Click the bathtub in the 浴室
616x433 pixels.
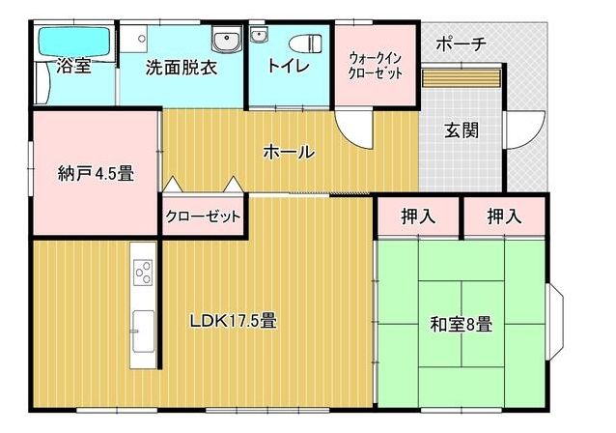74,42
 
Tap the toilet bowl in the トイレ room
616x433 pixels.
306,43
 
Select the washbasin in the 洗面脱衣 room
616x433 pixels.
227,40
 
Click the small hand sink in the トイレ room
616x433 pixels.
259,36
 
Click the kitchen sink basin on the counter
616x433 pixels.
143,331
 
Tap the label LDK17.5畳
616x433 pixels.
234,321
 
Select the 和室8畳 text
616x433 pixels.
462,325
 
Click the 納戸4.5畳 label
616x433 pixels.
96,173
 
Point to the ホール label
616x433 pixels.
289,152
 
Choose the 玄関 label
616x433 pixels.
462,130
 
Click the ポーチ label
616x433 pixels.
462,43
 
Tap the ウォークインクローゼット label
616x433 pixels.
376,66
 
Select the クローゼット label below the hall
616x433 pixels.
203,216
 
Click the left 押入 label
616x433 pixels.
418,216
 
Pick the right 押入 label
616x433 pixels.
505,216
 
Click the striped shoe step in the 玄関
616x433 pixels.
462,77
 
